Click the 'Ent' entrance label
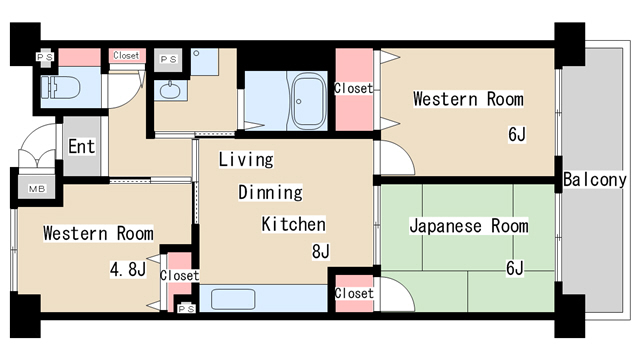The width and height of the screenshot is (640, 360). [x=82, y=147]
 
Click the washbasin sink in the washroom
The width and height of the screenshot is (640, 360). [x=170, y=92]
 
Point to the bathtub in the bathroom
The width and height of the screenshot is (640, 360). [x=304, y=101]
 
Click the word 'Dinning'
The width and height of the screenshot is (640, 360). [x=269, y=192]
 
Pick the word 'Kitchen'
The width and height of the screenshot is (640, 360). [x=293, y=224]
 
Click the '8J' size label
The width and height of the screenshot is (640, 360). [x=320, y=251]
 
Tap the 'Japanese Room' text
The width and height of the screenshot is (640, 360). [x=468, y=226]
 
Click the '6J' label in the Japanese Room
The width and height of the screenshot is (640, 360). [x=514, y=267]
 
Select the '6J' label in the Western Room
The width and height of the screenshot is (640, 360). [x=517, y=134]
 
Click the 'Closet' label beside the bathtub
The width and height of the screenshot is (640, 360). [x=353, y=89]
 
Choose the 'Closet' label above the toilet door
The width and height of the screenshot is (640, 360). [x=126, y=56]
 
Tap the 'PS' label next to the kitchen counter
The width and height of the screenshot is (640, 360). [x=186, y=309]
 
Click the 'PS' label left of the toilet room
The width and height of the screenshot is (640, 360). [x=45, y=58]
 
